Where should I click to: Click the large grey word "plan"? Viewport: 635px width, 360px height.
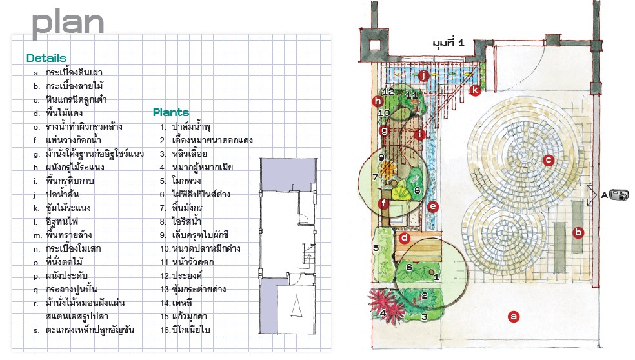click(68, 23)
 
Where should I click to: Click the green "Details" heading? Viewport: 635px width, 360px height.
click(46, 58)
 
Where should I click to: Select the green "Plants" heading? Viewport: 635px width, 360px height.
click(171, 112)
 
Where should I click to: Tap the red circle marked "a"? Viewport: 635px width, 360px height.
click(514, 317)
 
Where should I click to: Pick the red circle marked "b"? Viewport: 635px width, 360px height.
click(578, 232)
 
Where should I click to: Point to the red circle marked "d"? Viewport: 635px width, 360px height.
click(404, 238)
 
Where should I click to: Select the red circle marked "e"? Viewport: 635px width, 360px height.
click(433, 207)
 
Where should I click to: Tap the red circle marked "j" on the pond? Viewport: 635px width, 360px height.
click(423, 75)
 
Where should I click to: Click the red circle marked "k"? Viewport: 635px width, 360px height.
click(474, 90)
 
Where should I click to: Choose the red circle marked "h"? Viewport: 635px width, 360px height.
click(378, 101)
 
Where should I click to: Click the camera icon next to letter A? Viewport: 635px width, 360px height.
click(620, 195)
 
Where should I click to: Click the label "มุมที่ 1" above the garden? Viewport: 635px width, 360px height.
click(449, 43)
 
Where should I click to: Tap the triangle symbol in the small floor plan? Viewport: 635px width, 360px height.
click(297, 306)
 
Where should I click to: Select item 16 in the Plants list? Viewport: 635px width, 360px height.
click(185, 330)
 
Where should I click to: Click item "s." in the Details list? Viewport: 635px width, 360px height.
click(84, 330)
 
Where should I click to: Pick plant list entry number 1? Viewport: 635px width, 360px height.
click(185, 126)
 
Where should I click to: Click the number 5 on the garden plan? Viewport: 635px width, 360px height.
click(376, 248)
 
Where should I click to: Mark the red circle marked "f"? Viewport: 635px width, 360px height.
click(384, 204)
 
